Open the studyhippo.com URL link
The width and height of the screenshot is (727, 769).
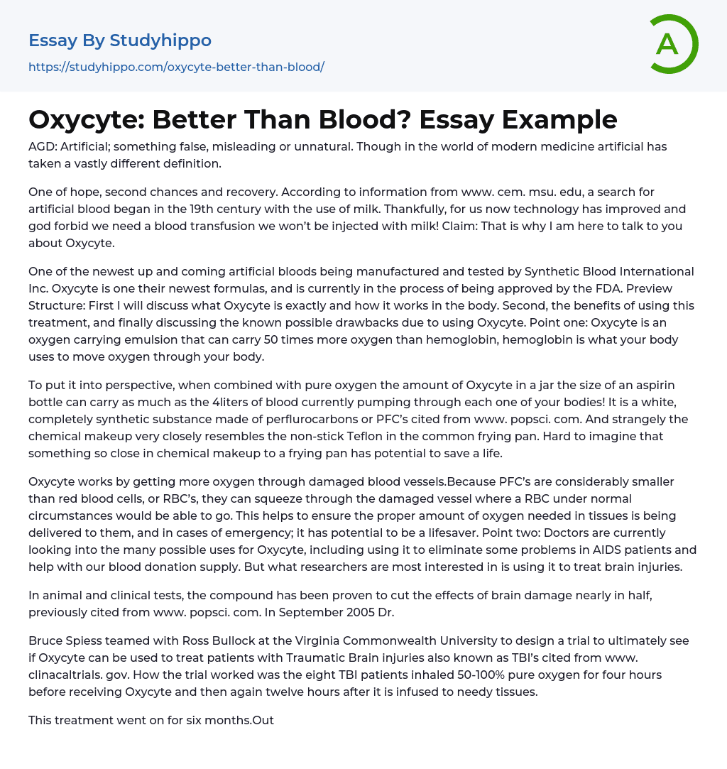(x=176, y=67)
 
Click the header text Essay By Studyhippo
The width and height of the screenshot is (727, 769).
(x=120, y=40)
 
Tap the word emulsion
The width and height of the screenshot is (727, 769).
(x=139, y=340)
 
